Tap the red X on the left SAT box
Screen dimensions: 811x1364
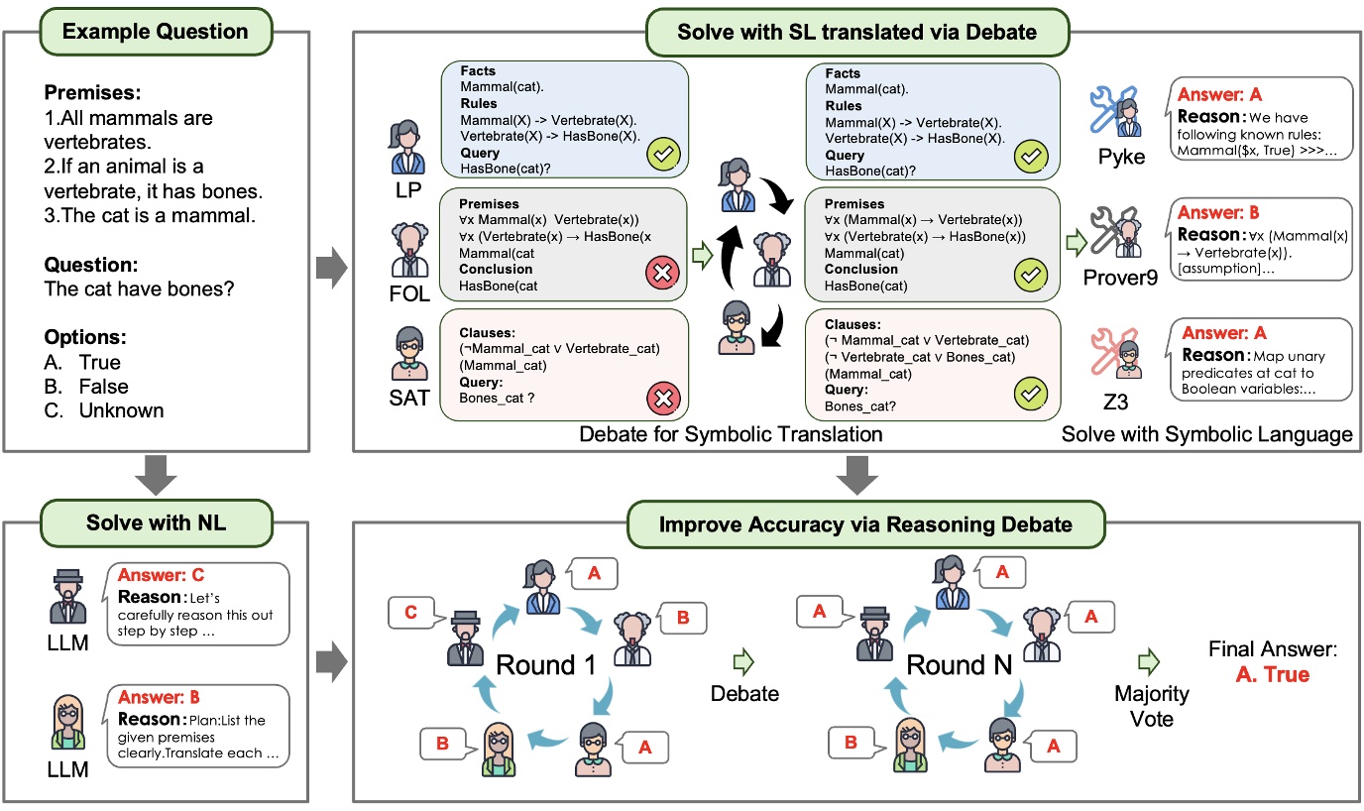click(662, 399)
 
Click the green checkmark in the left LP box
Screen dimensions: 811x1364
click(662, 155)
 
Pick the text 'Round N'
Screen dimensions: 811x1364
click(961, 665)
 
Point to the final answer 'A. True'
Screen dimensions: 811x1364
click(1272, 675)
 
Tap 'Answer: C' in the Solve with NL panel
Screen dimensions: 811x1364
click(162, 575)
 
